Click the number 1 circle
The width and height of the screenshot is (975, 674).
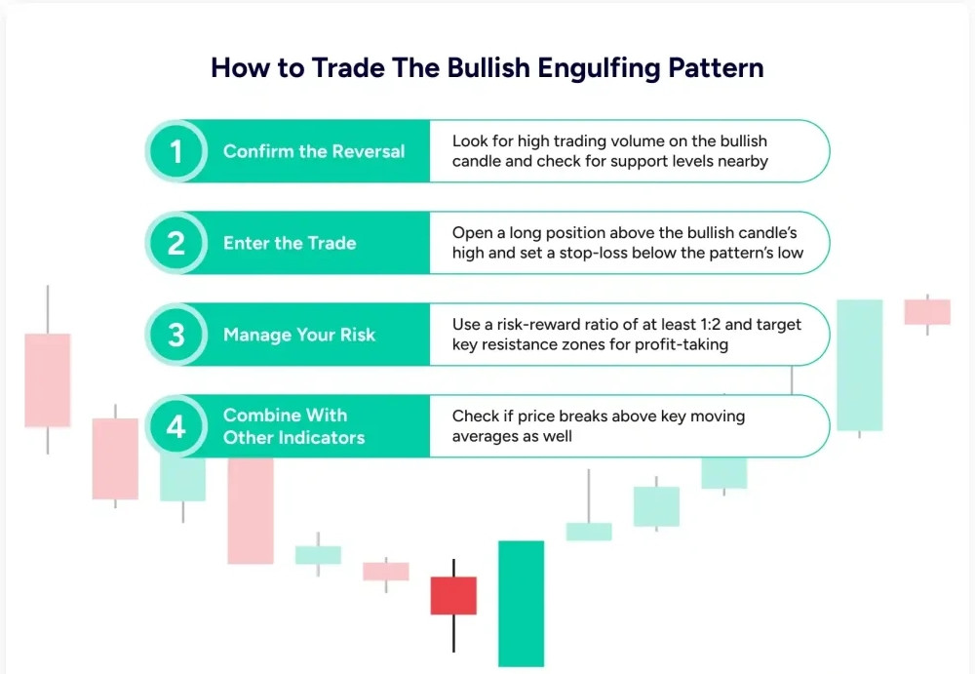point(175,151)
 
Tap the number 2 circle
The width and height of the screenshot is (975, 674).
point(175,243)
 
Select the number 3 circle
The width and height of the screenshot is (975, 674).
point(175,335)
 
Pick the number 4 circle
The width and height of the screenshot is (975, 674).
point(175,426)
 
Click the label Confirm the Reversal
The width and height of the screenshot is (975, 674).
point(314,151)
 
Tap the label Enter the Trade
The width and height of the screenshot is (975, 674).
point(290,243)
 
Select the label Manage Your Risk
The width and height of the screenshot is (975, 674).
point(299,335)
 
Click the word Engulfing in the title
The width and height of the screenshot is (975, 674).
point(599,68)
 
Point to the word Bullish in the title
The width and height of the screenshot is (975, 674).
point(488,67)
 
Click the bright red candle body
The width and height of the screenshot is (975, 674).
point(454,596)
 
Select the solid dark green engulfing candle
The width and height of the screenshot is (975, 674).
point(521,604)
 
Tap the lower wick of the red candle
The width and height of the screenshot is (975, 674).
point(454,634)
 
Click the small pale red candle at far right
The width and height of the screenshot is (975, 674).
point(927,312)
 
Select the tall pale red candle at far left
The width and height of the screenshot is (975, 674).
point(47,380)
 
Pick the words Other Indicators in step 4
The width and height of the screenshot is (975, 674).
point(294,438)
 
